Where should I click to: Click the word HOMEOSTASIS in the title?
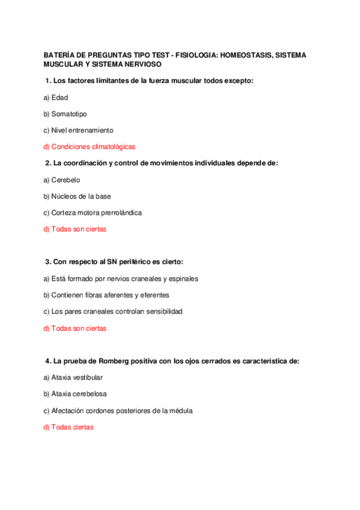coord(246,55)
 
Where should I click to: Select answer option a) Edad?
coord(56,97)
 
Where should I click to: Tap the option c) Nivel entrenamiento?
coord(78,130)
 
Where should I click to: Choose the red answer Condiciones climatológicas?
coord(89,146)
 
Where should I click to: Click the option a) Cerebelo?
coord(62,180)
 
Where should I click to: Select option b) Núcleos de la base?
coord(77,196)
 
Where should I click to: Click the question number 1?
coord(47,81)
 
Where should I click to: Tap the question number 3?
coord(47,262)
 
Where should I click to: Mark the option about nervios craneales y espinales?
coord(121,279)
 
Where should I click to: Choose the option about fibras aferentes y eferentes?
coord(106,295)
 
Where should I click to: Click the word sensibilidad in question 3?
coord(162,312)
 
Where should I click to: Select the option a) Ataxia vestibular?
coord(73,378)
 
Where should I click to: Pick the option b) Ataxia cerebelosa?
coord(75,394)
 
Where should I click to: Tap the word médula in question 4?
coord(180,411)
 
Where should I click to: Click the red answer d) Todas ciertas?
coord(69,427)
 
